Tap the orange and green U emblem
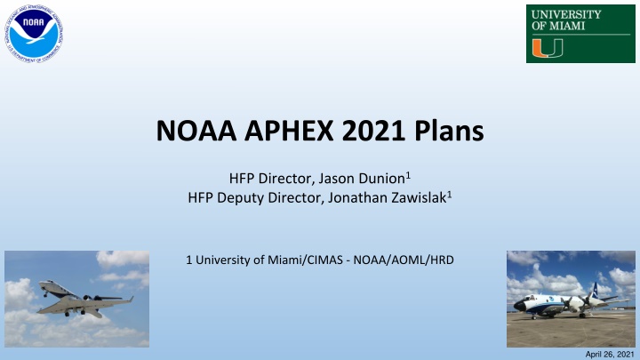coord(543,47)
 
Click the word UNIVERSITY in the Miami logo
coord(564,14)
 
